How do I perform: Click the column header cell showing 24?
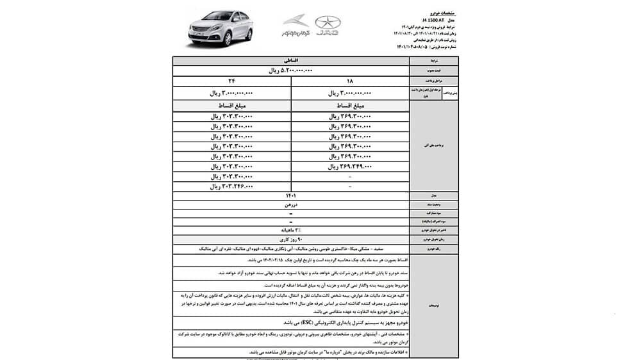231,81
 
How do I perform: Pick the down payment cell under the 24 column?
231,93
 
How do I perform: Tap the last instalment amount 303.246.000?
231,186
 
